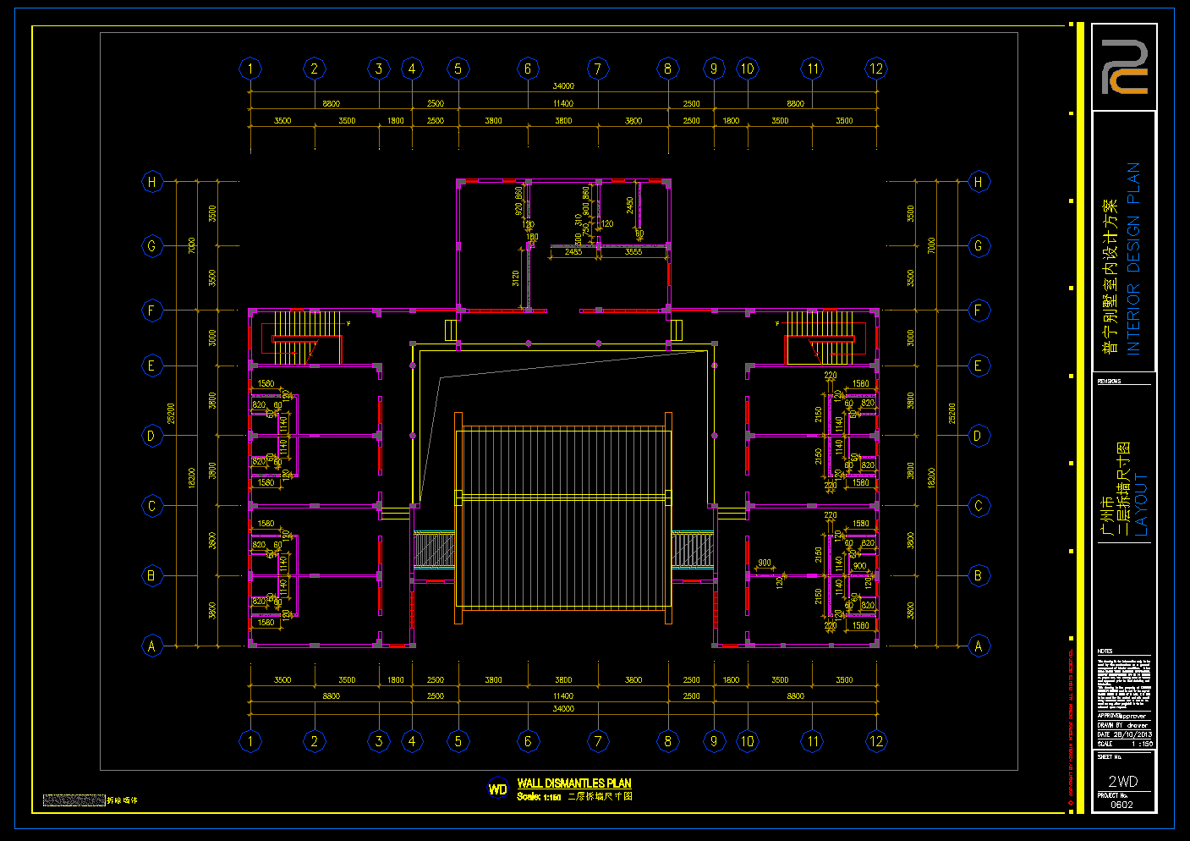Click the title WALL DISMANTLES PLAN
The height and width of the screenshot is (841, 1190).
point(574,783)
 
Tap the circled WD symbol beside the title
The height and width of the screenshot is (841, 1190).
point(498,789)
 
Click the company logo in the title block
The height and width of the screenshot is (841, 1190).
point(1124,67)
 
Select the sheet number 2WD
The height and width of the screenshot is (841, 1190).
point(1123,781)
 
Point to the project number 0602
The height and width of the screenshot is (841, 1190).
point(1121,805)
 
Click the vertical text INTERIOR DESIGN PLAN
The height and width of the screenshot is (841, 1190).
point(1133,258)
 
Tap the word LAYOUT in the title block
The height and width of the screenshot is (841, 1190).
point(1141,504)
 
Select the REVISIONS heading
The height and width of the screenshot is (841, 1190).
point(1109,382)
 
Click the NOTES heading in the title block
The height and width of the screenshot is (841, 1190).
point(1105,651)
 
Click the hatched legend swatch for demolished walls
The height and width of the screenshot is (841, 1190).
point(74,800)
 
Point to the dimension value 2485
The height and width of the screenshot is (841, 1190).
point(573,252)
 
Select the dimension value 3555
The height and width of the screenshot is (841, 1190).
point(633,252)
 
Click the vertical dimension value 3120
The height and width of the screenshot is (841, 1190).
point(516,278)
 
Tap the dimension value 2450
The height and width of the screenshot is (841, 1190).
point(630,205)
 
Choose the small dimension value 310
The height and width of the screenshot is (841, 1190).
point(579,219)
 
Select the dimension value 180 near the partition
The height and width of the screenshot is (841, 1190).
point(532,238)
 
